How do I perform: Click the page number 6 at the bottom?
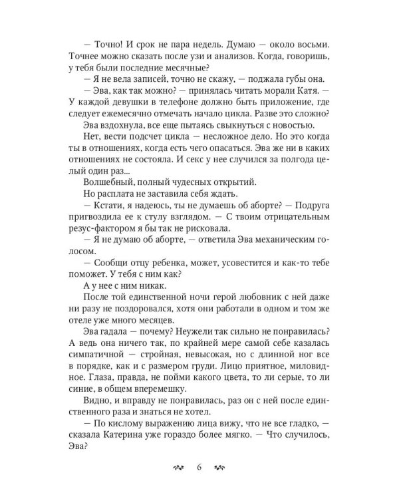click(198, 466)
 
